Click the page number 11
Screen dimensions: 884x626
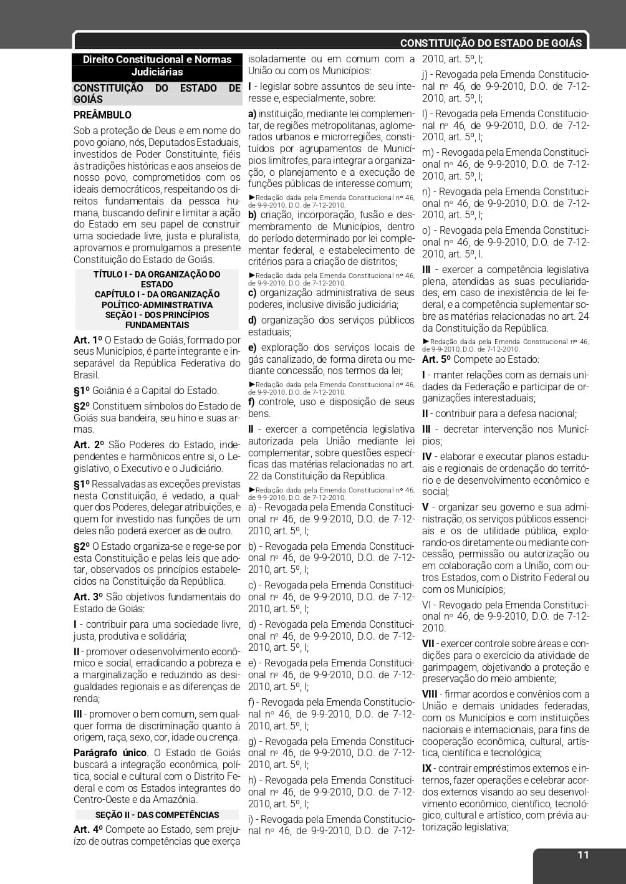[x=582, y=855]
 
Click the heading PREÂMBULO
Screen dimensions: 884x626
[x=102, y=115]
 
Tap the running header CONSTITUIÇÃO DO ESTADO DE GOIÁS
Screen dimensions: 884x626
[x=491, y=43]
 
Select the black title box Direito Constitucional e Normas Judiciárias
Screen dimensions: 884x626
[x=156, y=65]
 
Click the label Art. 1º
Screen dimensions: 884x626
[x=87, y=340]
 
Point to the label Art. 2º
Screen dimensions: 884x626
[x=89, y=444]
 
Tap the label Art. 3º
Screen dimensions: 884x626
[x=88, y=597]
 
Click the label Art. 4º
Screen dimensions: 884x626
[x=88, y=829]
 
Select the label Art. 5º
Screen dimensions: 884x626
[x=436, y=359]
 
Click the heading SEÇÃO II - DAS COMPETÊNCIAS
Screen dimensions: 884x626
[x=157, y=814]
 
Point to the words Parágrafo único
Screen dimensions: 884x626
[x=110, y=752]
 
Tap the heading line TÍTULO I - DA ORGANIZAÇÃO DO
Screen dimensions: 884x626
[x=156, y=274]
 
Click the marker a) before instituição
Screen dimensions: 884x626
[x=252, y=113]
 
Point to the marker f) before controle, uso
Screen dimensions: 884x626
[x=251, y=401]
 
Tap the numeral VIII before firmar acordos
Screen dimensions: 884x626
[x=430, y=694]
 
